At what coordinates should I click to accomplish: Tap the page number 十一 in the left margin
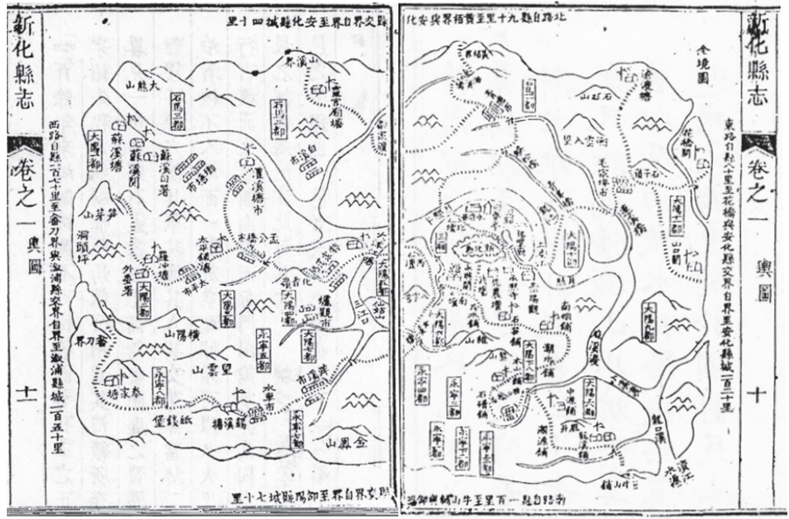tap(25, 391)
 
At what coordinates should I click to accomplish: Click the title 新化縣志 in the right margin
tap(757, 64)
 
